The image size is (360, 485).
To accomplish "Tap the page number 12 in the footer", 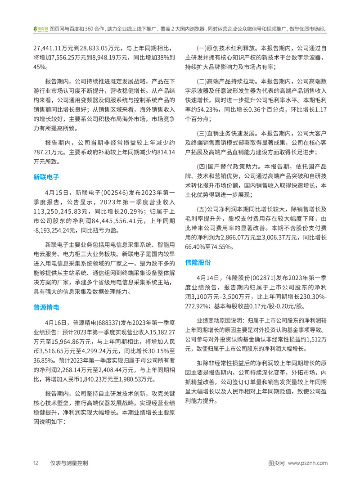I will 36,463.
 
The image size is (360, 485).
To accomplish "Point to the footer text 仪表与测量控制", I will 69,463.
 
